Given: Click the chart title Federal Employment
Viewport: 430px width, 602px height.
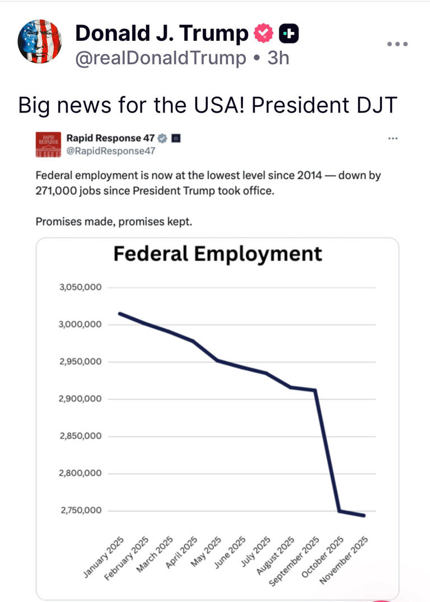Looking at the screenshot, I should point(218,253).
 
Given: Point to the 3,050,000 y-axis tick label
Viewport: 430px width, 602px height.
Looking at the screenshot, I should point(80,288).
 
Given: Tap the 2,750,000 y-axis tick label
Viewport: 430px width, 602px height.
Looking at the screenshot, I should point(80,510).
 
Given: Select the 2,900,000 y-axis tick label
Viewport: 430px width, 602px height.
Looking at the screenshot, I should point(80,399).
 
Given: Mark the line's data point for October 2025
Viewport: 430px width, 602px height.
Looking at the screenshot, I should point(339,511).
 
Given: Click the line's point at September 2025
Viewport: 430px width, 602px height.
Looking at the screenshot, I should point(315,390).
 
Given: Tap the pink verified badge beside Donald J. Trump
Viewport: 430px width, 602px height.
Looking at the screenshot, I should point(262,34).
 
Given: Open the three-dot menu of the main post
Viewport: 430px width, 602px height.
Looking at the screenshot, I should point(398,44).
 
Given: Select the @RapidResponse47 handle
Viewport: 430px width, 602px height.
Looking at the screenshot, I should point(110,151).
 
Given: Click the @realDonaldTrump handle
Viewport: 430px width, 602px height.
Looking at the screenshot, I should point(160,58).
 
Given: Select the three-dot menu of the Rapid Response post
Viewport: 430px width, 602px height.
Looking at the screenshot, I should point(392,138).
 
